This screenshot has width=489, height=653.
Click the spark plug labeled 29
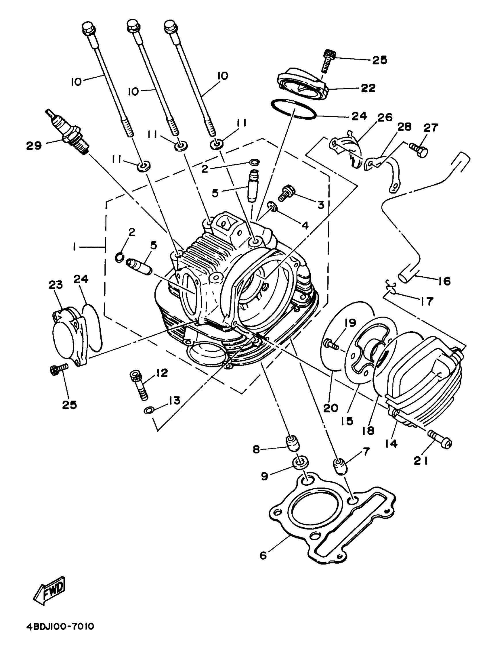pyautogui.click(x=68, y=132)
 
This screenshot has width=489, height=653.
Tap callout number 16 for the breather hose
pyautogui.click(x=444, y=281)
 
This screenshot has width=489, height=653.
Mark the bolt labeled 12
pyautogui.click(x=138, y=384)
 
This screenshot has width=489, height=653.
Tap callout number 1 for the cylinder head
pyautogui.click(x=75, y=246)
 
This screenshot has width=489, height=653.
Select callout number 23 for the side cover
pyautogui.click(x=56, y=285)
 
